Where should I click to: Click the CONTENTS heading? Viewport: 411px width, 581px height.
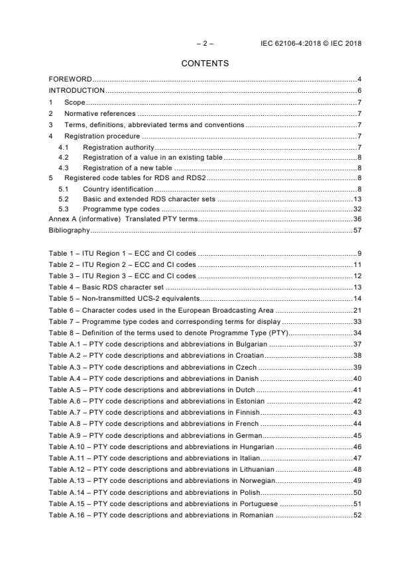205,64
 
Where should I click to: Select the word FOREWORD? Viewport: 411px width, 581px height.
70,79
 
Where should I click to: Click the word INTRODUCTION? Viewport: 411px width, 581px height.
77,90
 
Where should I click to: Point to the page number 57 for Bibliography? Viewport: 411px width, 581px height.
357,231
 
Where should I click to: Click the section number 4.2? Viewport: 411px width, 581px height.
64,157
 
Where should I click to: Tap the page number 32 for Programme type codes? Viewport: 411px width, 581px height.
357,209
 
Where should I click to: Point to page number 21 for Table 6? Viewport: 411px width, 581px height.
357,310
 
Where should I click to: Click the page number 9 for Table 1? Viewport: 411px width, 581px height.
359,253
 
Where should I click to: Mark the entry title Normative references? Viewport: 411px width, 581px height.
99,113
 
